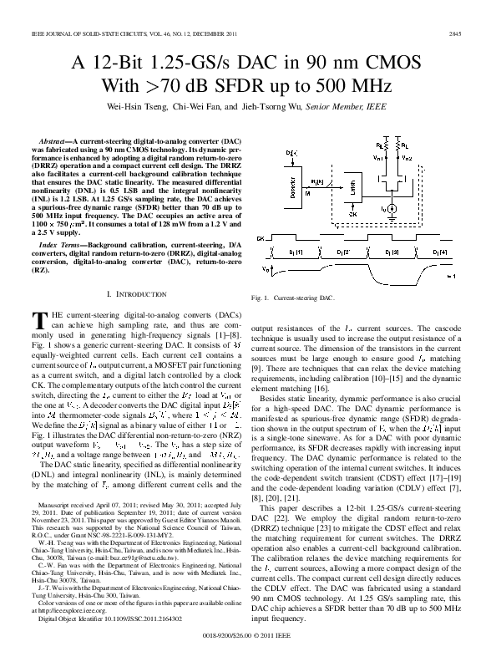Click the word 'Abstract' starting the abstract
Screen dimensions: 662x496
pyautogui.click(x=63, y=135)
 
